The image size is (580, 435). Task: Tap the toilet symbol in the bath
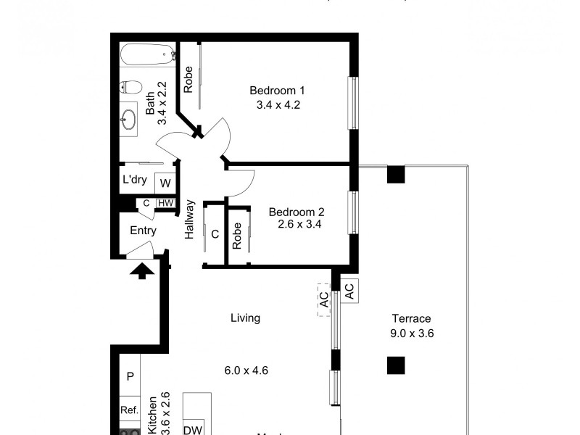pyautogui.click(x=131, y=86)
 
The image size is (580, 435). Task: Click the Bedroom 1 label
pyautogui.click(x=277, y=91)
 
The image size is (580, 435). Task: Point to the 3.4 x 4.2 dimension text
pyautogui.click(x=278, y=104)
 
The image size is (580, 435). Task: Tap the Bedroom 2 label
pyautogui.click(x=297, y=212)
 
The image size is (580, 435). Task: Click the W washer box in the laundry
pyautogui.click(x=165, y=183)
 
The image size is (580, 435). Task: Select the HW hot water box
pyautogui.click(x=165, y=203)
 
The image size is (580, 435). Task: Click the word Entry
pyautogui.click(x=143, y=231)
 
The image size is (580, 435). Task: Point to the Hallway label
pyautogui.click(x=190, y=219)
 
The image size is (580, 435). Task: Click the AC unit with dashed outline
pyautogui.click(x=323, y=299)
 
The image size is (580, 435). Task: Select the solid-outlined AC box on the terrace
pyautogui.click(x=348, y=291)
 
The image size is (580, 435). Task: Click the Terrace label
pyautogui.click(x=411, y=319)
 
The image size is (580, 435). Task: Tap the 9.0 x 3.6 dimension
pyautogui.click(x=411, y=333)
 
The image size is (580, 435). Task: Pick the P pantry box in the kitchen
pyautogui.click(x=130, y=376)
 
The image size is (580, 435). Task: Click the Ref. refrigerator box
pyautogui.click(x=130, y=410)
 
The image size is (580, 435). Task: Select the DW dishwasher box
pyautogui.click(x=192, y=429)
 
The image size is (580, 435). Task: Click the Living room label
pyautogui.click(x=245, y=318)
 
